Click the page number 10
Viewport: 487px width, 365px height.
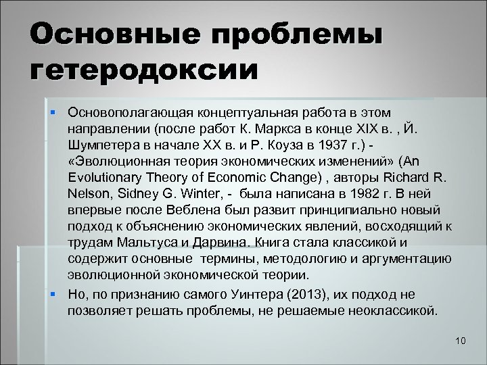click(x=461, y=340)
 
